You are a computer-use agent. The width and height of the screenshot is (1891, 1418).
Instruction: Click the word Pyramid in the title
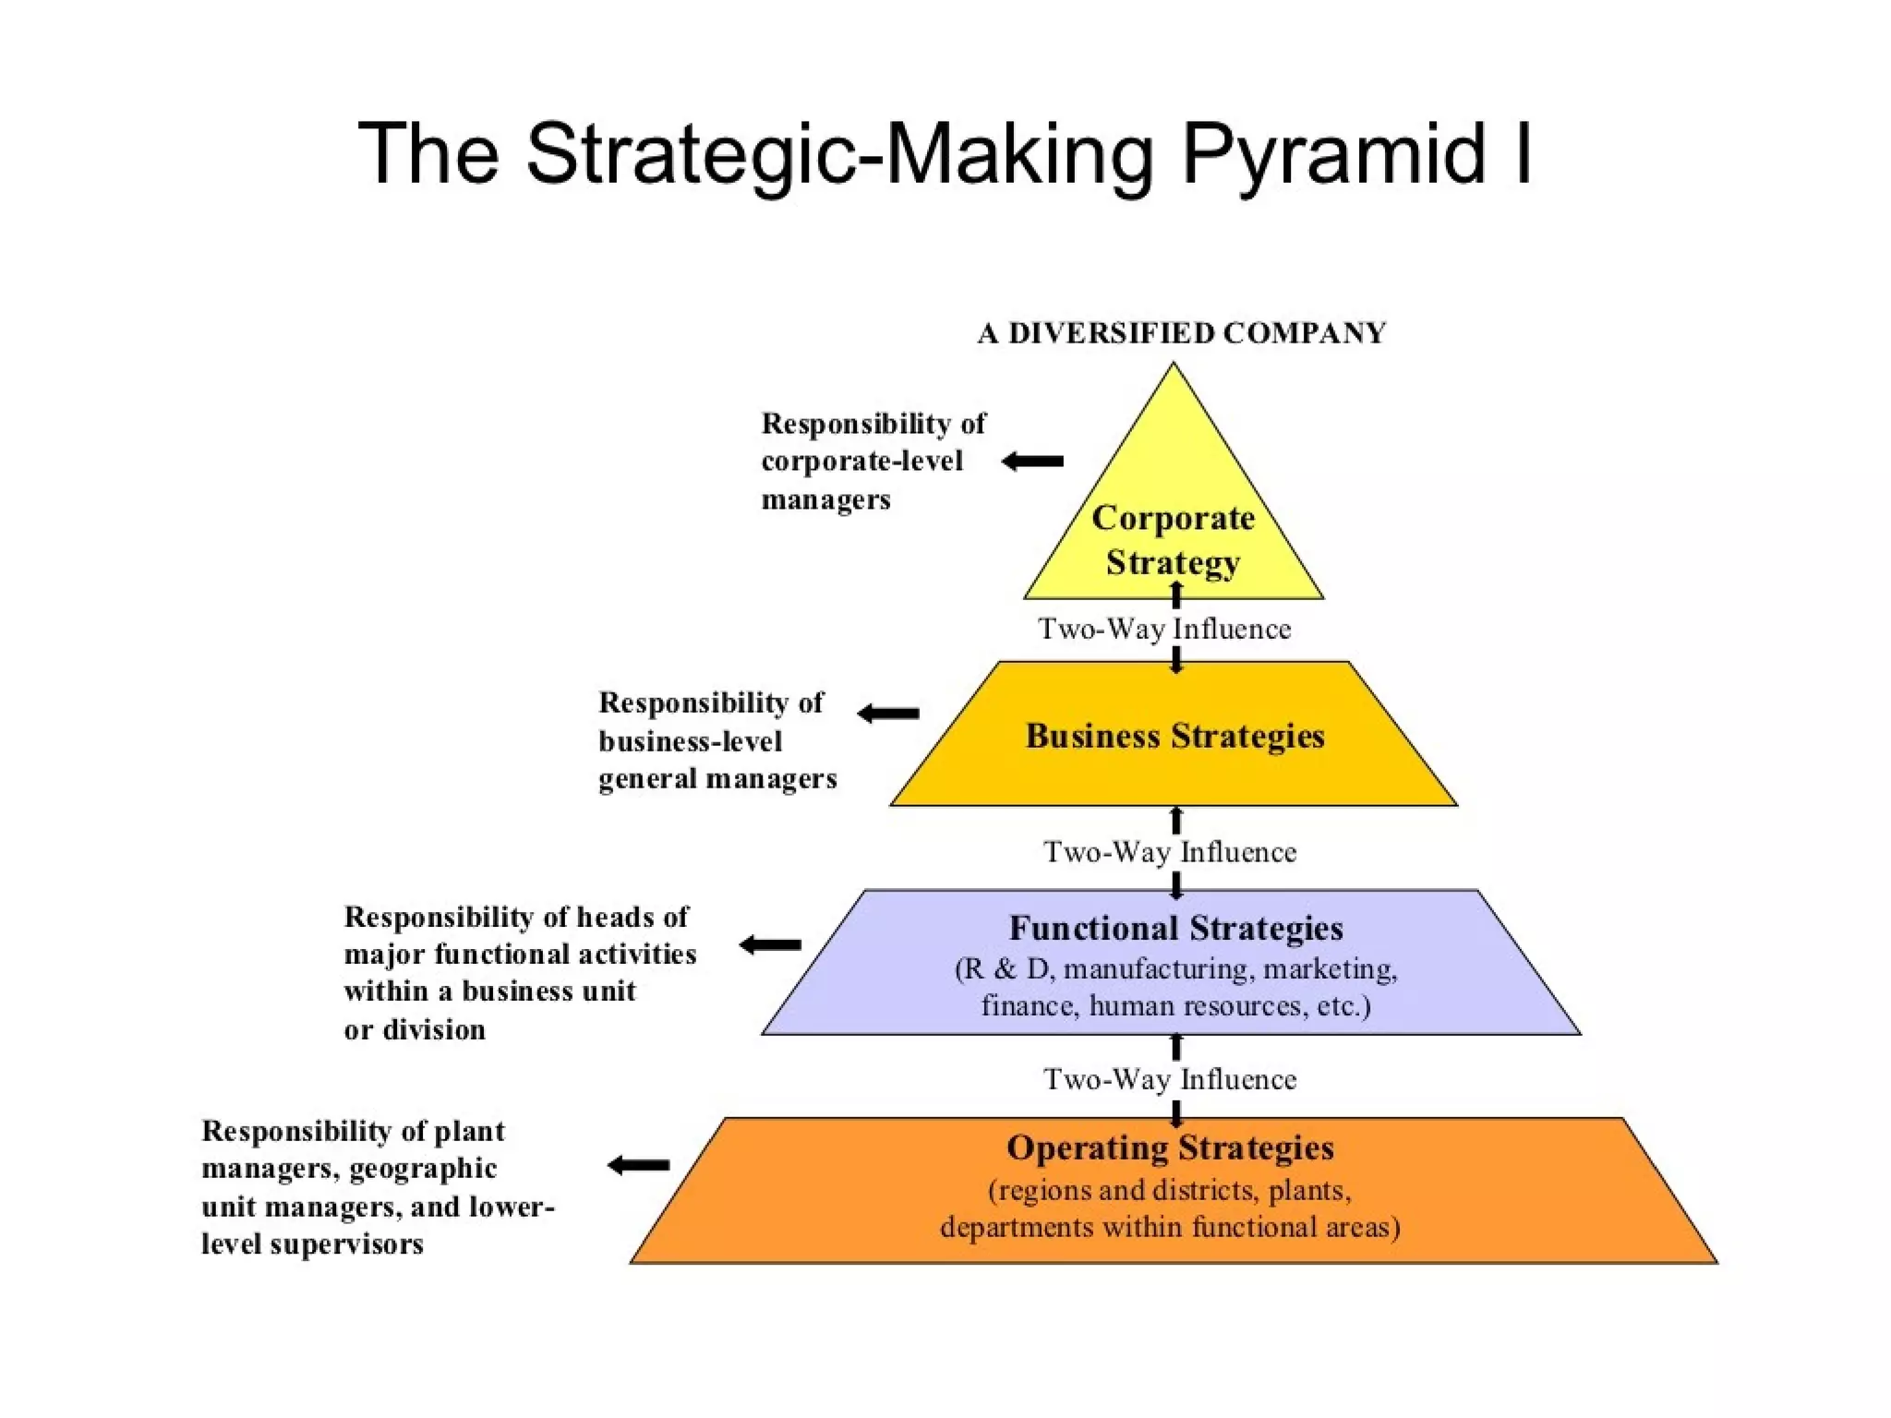click(1334, 155)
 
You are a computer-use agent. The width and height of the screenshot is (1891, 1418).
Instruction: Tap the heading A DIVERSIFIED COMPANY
click(1182, 333)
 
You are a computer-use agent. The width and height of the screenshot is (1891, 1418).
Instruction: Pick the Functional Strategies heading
click(1175, 928)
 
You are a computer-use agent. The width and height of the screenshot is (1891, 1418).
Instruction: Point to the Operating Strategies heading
click(1170, 1148)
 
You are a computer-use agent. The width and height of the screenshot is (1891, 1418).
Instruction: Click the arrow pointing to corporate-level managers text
click(1033, 461)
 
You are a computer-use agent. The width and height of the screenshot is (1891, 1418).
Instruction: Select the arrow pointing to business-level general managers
click(888, 714)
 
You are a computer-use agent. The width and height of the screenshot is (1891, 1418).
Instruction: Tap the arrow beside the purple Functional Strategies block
click(770, 944)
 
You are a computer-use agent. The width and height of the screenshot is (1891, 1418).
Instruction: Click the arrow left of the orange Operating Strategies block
click(638, 1165)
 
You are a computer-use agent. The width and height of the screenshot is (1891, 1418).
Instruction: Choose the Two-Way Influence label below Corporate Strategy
click(1164, 629)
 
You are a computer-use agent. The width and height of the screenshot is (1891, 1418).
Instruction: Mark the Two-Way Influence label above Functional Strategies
click(1170, 851)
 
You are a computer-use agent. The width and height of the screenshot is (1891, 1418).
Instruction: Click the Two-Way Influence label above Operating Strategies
click(1170, 1078)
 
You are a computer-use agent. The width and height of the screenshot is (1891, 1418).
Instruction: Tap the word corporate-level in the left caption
click(861, 461)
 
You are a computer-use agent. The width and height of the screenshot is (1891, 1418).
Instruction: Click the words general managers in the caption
click(717, 779)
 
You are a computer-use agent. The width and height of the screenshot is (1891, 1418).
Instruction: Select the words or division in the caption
click(415, 1029)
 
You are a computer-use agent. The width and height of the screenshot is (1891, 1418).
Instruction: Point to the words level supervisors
click(312, 1244)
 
